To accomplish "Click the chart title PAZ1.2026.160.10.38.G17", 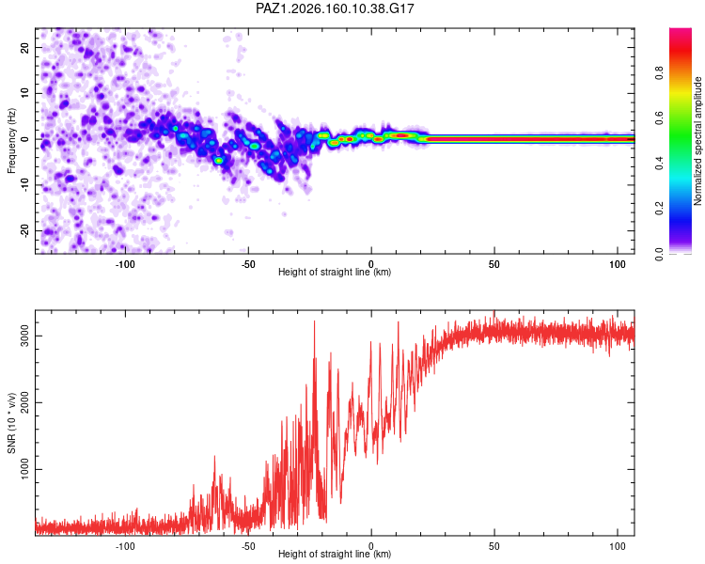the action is tap(335, 8).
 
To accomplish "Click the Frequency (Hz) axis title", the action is tap(11, 141).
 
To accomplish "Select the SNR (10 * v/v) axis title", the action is tap(11, 423).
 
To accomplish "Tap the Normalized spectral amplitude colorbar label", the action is tap(697, 141).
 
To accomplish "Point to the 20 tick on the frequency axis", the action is tap(24, 47).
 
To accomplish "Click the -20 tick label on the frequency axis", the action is tap(24, 230).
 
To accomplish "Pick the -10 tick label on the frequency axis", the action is tap(24, 185).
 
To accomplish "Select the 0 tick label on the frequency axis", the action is tap(24, 139).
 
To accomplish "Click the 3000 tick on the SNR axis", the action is tap(24, 336).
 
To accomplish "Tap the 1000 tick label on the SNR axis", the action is tap(24, 469).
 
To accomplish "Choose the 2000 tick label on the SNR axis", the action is tap(24, 402).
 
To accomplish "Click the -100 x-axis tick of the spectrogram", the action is tap(124, 264).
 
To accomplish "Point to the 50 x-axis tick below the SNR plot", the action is tap(494, 546).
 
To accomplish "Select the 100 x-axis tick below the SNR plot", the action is tap(618, 546).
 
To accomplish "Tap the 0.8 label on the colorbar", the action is tap(659, 73).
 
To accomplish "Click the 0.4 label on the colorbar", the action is tap(659, 163).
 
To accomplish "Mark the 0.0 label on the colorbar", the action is tap(659, 254).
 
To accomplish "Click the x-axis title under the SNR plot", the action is tap(335, 554).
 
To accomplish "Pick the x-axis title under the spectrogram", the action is tap(335, 272).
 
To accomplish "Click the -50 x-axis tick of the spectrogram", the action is tap(248, 264).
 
